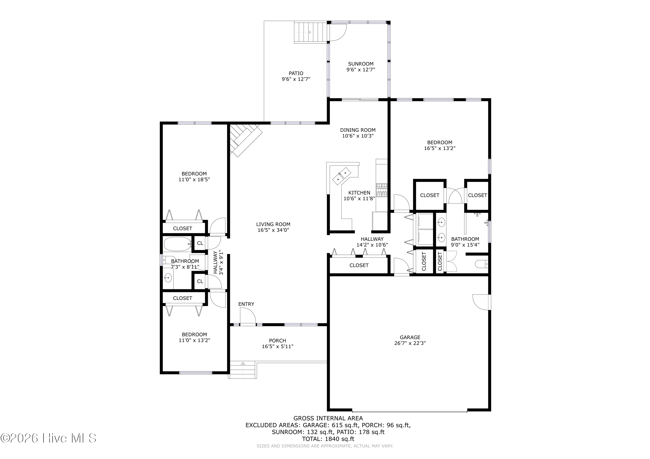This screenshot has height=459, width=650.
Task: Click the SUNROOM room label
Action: pos(361,64)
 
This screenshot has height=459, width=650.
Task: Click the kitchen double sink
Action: pos(342,176)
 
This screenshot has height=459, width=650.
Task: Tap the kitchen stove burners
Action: pos(382,190)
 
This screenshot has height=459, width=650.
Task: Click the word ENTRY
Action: pos(246,304)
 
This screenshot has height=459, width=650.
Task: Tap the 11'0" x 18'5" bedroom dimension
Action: pos(194,180)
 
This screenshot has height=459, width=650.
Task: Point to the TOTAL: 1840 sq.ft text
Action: pos(328,439)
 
